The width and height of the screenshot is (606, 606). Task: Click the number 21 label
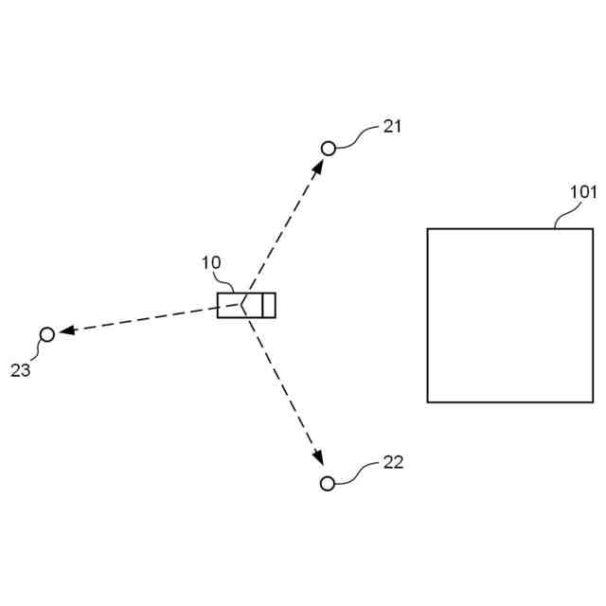[x=392, y=126]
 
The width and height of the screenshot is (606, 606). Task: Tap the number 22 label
[x=393, y=462]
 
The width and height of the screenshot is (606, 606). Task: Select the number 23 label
[x=21, y=370]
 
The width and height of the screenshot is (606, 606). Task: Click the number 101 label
[x=583, y=191]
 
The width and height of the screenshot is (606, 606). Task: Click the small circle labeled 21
[x=329, y=149]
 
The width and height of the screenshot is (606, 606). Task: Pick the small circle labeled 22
[x=328, y=484]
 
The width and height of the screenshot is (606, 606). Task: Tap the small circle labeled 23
[x=46, y=333]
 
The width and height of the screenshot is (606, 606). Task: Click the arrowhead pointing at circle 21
[x=319, y=165]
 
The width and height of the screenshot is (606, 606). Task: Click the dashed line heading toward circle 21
[x=284, y=227]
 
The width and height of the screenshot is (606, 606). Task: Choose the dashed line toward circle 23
[x=142, y=318]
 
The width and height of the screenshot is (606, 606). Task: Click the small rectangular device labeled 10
[x=246, y=305]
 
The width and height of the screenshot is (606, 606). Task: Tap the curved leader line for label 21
[x=358, y=138]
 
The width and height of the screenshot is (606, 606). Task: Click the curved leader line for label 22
[x=358, y=472]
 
